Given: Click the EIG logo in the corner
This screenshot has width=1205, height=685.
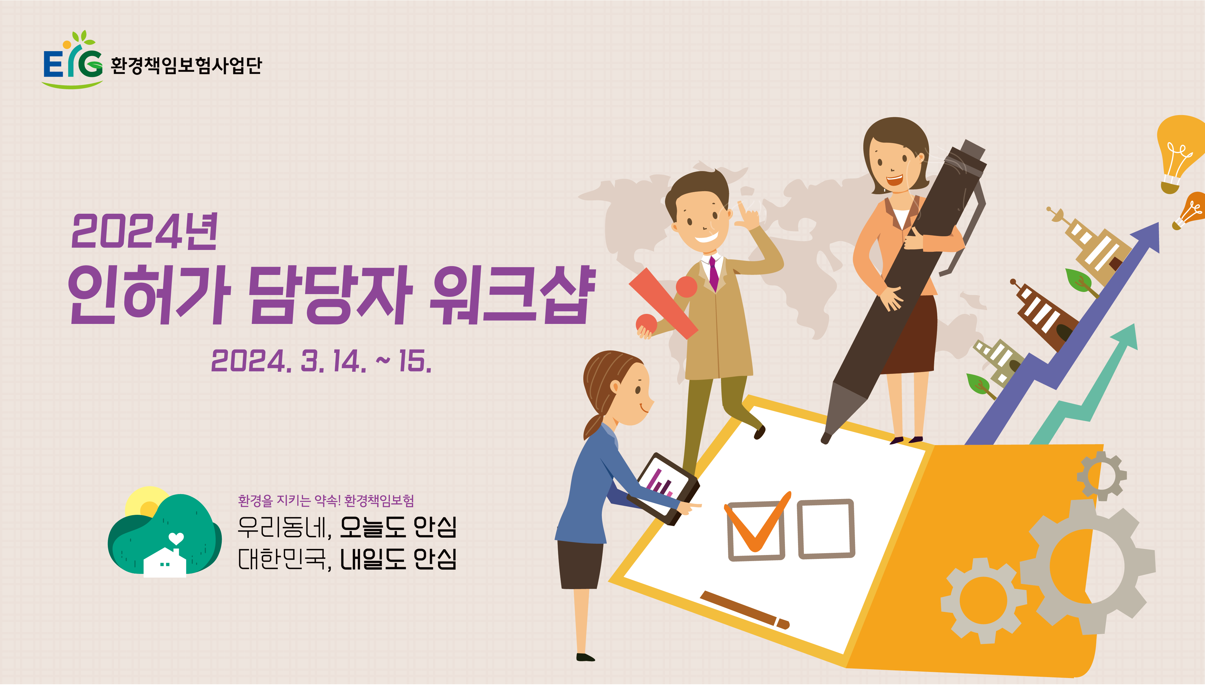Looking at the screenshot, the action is [x=73, y=60].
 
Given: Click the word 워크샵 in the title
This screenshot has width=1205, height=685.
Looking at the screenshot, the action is [x=513, y=294].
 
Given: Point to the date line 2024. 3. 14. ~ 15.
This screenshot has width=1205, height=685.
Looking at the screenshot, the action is [x=321, y=361].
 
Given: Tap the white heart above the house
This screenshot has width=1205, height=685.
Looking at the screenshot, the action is [x=176, y=538].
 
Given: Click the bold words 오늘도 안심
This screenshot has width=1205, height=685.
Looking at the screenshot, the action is [x=398, y=527].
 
